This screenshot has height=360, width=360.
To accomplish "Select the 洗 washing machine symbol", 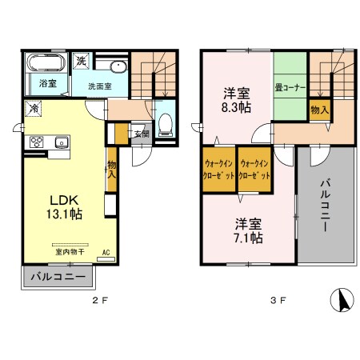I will tap(81, 61).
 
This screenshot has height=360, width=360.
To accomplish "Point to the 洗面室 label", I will tap(99, 85).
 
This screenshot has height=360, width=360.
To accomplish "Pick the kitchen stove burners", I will tap(36, 142).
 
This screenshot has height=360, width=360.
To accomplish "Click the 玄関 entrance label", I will tap(142, 134).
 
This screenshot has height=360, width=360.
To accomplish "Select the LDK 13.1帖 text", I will tap(66, 206).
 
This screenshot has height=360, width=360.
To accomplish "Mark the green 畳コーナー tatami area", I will tap(289, 86).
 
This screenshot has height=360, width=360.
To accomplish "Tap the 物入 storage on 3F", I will tap(318, 108).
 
